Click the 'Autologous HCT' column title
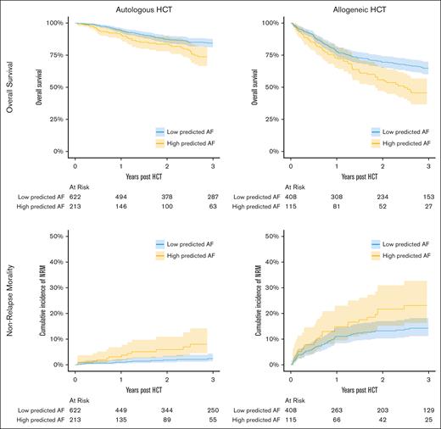coord(141,8)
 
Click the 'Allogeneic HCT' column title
coord(355,8)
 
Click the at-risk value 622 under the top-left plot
coord(75,195)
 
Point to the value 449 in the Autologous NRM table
coord(120,408)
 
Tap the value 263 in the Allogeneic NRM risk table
coord(335,408)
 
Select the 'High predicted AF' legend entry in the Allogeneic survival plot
coord(401,143)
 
